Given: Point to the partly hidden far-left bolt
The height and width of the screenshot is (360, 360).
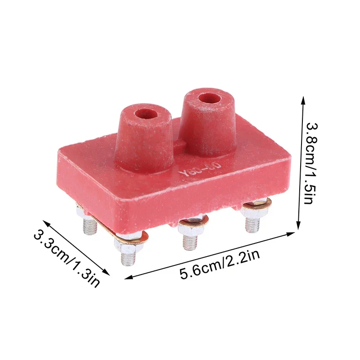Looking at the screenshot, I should [90, 225].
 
